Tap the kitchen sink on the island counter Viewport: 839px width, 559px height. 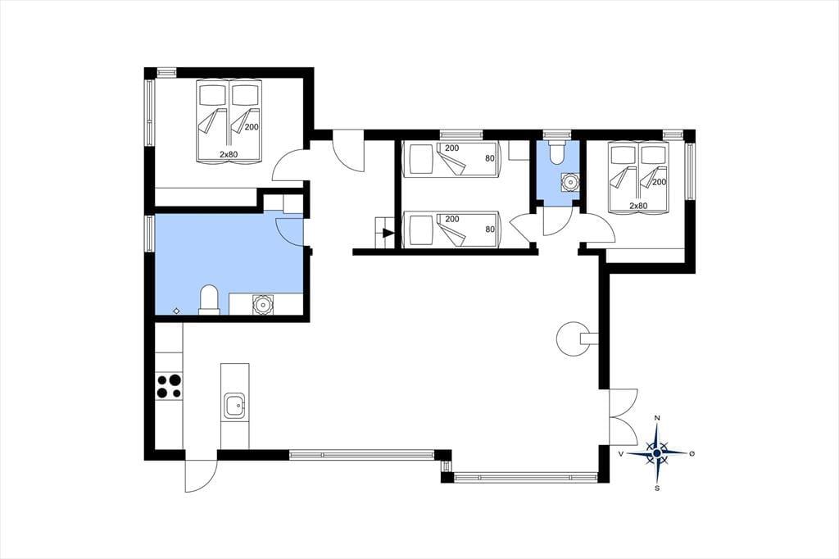pyautogui.click(x=235, y=406)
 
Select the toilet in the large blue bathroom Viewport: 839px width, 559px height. pyautogui.click(x=209, y=300)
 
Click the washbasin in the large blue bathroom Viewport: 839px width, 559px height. pyautogui.click(x=263, y=304)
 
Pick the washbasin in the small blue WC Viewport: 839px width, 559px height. pyautogui.click(x=570, y=182)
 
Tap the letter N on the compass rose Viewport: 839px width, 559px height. pyautogui.click(x=658, y=418)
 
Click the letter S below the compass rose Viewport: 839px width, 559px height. pyautogui.click(x=657, y=488)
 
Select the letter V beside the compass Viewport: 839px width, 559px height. pyautogui.click(x=621, y=453)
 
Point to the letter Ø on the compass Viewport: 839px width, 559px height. pyautogui.click(x=692, y=453)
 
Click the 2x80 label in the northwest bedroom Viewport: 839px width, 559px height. pyautogui.click(x=229, y=155)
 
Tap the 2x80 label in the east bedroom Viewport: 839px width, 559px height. pyautogui.click(x=638, y=206)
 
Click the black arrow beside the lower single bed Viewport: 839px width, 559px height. pyautogui.click(x=388, y=233)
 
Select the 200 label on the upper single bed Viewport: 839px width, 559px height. pyautogui.click(x=452, y=148)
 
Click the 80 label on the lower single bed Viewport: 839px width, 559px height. pyautogui.click(x=490, y=230)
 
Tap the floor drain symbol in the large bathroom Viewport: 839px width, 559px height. pyautogui.click(x=177, y=311)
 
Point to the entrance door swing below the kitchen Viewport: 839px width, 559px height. pyautogui.click(x=201, y=475)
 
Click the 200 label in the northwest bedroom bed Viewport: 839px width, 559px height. pyautogui.click(x=252, y=127)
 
